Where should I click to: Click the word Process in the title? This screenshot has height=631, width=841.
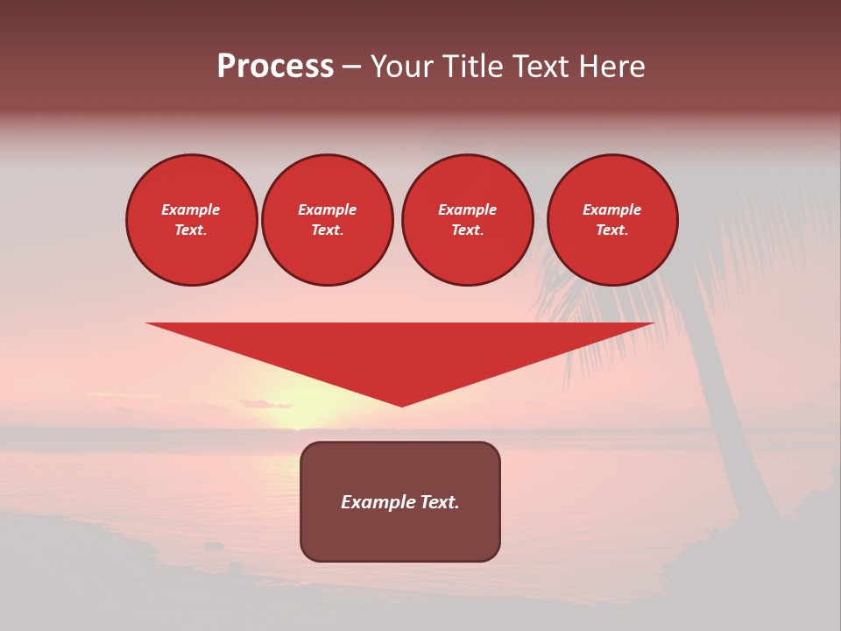point(275,67)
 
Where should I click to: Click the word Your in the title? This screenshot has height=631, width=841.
point(400,67)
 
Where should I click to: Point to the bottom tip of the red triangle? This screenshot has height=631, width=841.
point(401,404)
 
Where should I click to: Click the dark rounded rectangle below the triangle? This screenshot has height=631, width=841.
point(400,535)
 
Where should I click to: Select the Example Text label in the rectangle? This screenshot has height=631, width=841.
point(400,502)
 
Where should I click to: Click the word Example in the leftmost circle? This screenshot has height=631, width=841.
point(191,209)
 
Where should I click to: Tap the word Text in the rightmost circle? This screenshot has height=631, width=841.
point(611,230)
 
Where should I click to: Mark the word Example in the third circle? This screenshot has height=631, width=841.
point(467,209)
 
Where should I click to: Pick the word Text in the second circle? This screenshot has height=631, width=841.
point(327,230)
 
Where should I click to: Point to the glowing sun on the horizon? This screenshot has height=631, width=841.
point(298,412)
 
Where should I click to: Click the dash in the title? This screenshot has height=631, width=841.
point(352,67)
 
